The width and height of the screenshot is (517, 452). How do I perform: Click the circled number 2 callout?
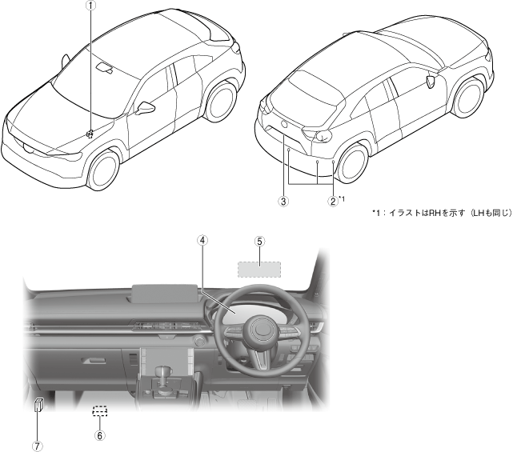click(332, 202)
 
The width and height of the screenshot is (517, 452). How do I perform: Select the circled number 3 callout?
click(283, 202)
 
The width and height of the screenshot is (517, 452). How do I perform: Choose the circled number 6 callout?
click(99, 436)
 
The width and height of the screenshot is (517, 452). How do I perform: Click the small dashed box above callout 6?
click(99, 412)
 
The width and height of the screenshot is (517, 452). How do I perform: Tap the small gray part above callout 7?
click(38, 405)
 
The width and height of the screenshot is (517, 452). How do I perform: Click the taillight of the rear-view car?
click(323, 134)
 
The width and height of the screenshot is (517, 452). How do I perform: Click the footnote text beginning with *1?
click(441, 213)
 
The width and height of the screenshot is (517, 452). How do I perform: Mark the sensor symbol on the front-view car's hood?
click(90, 133)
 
